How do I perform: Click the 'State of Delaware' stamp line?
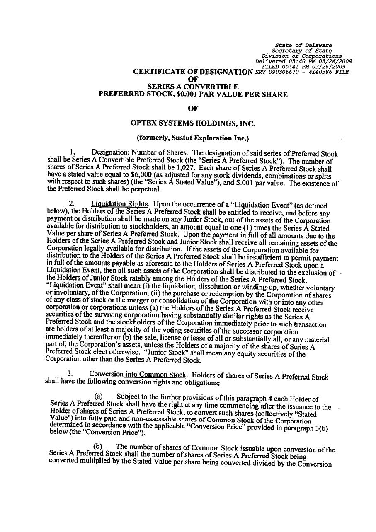[x=304, y=45]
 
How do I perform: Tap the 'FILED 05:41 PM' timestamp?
[x=286, y=66]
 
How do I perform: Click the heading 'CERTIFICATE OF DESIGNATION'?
[x=193, y=72]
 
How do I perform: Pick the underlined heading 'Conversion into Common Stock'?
[x=137, y=375]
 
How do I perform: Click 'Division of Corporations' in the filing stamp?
[x=302, y=56]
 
